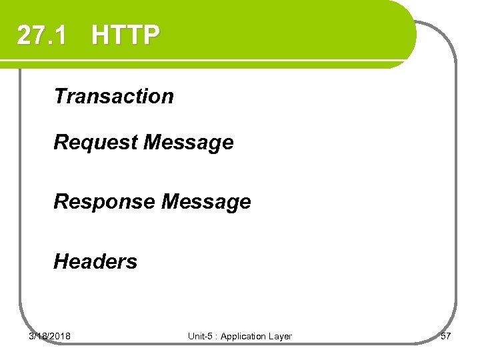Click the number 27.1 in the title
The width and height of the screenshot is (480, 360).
pyautogui.click(x=41, y=35)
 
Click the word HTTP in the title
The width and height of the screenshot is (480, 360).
pyautogui.click(x=126, y=35)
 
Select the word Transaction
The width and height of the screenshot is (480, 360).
pyautogui.click(x=113, y=96)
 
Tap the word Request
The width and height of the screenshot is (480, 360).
pyautogui.click(x=95, y=143)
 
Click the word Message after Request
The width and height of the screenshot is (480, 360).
pyautogui.click(x=189, y=143)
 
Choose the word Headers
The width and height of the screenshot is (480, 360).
pyautogui.click(x=95, y=261)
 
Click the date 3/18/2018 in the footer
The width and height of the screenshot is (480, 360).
pyautogui.click(x=50, y=336)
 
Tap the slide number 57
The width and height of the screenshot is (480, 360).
pyautogui.click(x=446, y=336)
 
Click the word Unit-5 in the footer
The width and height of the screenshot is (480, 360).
pyautogui.click(x=200, y=336)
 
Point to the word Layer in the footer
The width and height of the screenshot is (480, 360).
pyautogui.click(x=281, y=336)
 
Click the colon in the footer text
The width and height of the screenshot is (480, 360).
pyautogui.click(x=215, y=337)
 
